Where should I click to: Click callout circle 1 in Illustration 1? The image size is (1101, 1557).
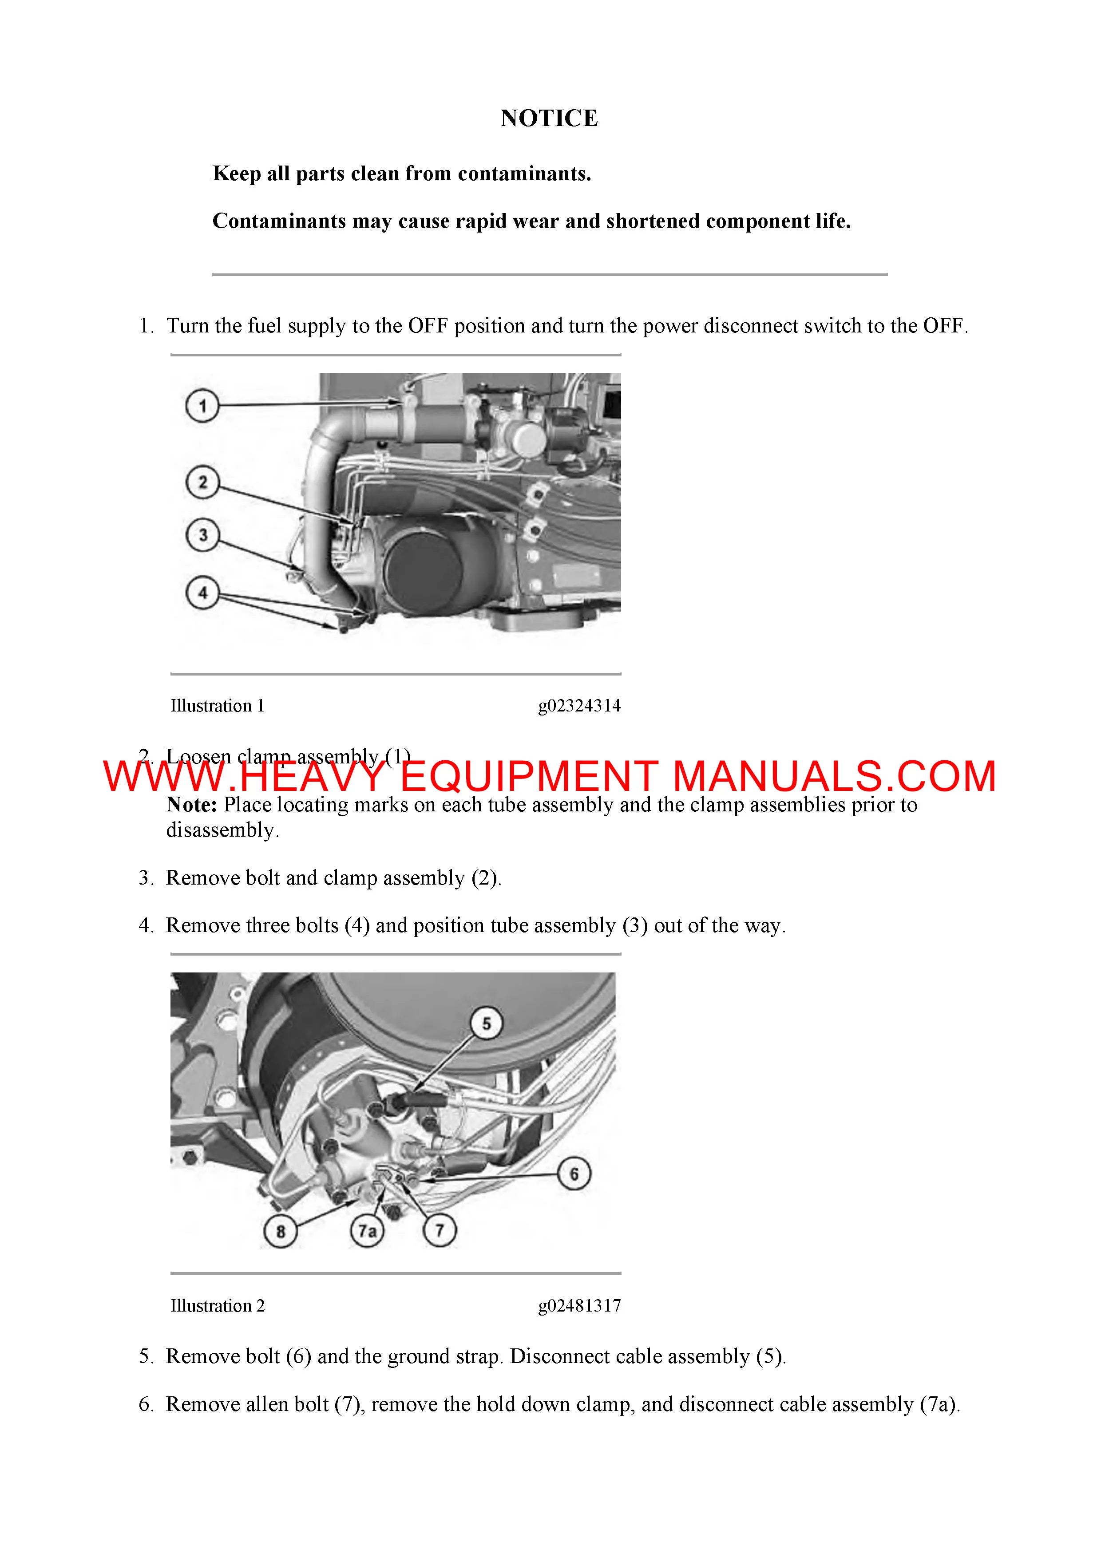point(202,406)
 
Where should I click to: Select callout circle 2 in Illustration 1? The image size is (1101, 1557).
point(202,483)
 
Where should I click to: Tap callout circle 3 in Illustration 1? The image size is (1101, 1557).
point(202,535)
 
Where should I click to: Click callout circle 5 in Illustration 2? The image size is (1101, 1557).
point(487,1023)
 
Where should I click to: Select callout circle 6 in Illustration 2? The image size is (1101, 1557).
point(574,1174)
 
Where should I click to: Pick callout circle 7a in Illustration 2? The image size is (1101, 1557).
point(367,1230)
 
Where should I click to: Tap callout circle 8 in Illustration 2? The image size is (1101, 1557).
point(280,1230)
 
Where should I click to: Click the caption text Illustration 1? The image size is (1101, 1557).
point(217,706)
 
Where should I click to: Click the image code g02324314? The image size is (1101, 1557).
point(579,706)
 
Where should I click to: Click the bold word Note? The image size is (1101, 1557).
point(191,805)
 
